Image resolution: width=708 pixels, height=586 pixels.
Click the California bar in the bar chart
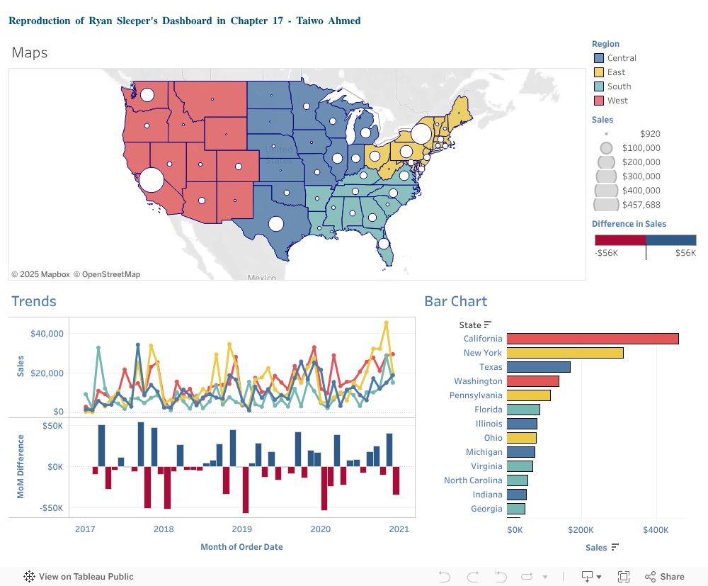[x=592, y=339]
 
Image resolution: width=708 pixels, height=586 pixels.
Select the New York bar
[x=564, y=353]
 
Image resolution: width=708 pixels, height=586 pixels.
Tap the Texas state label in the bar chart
[x=491, y=367]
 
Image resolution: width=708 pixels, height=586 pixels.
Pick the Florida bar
[x=523, y=410]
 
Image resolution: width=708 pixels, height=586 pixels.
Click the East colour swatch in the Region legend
[x=598, y=72]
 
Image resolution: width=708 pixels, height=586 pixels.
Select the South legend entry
[x=618, y=86]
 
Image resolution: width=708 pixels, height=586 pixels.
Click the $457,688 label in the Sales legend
[x=641, y=205]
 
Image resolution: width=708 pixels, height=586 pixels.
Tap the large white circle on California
[x=151, y=180]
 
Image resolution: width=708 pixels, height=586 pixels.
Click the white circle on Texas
[x=276, y=224]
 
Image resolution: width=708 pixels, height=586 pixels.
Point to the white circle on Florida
[x=383, y=244]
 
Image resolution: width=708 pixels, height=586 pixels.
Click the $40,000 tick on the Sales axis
[x=47, y=334]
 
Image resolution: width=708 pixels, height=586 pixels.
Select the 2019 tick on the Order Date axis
[x=242, y=529]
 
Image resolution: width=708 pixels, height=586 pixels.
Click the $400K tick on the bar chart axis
[x=656, y=529]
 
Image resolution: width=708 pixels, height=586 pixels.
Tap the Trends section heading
[x=34, y=301]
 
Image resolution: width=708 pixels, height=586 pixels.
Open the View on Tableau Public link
[x=79, y=577]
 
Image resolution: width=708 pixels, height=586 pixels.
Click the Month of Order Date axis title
[x=241, y=547]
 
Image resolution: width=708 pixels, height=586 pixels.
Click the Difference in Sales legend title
[x=629, y=224]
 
